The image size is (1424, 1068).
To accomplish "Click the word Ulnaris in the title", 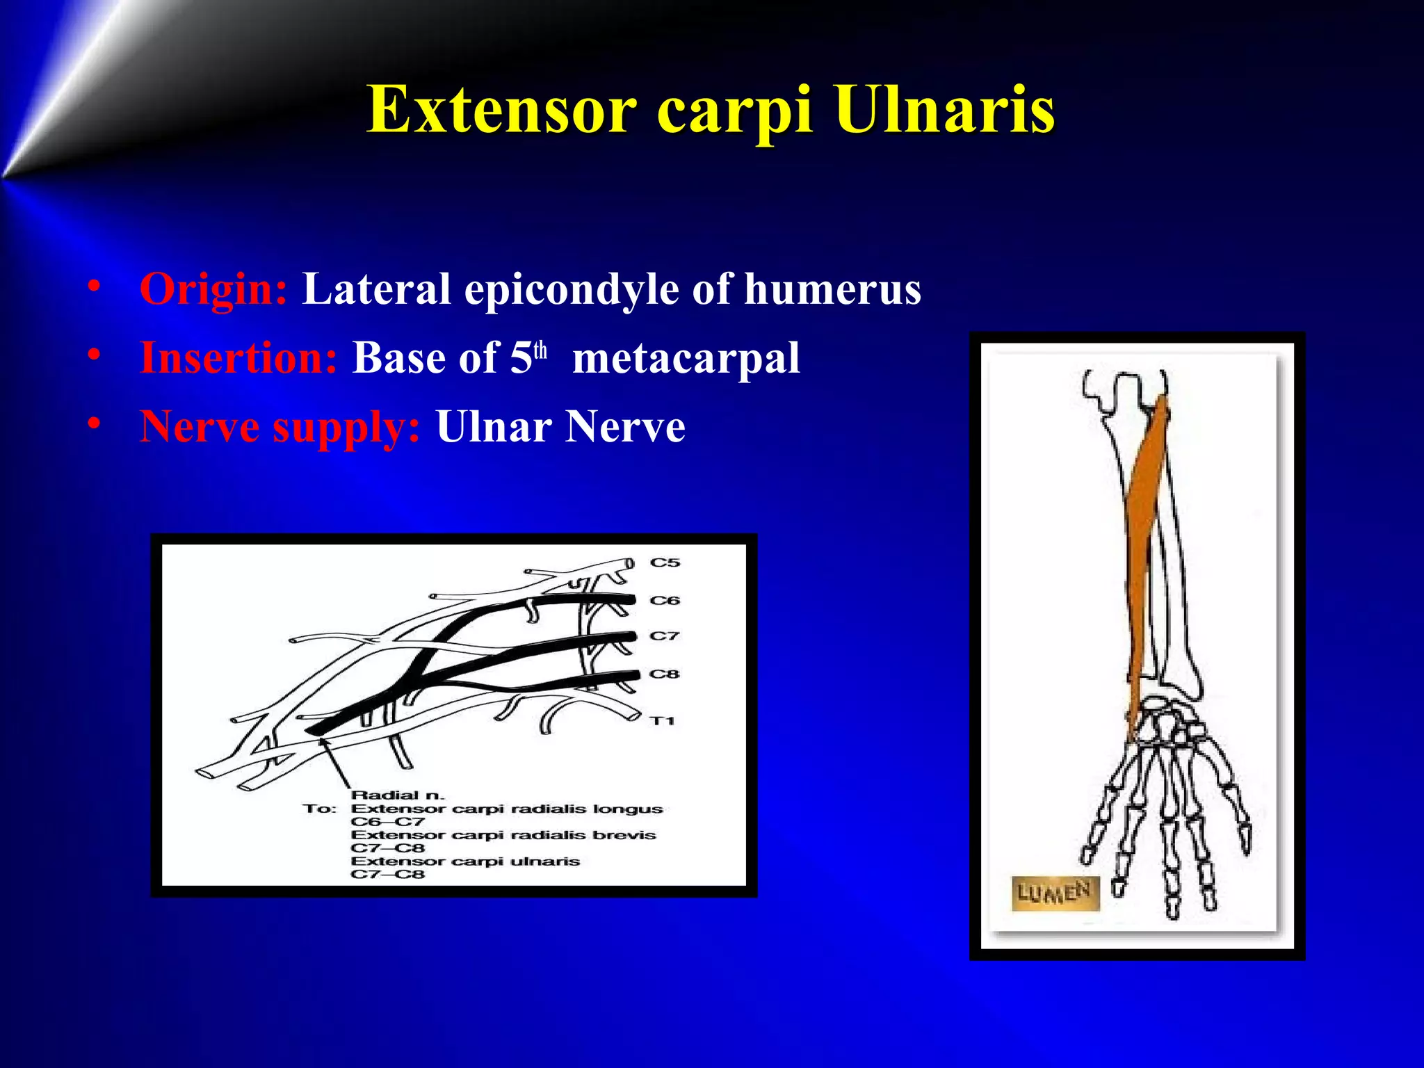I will [x=945, y=110].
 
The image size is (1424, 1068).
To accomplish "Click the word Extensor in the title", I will [x=501, y=110].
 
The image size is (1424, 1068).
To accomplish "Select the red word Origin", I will [x=213, y=289].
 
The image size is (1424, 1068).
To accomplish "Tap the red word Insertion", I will [x=238, y=358].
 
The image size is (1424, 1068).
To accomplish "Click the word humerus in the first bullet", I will [x=832, y=289].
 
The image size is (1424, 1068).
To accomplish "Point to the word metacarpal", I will [x=686, y=358].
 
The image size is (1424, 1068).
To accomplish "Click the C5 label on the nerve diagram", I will [x=665, y=563].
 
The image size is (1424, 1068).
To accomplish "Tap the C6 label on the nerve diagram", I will [x=665, y=600].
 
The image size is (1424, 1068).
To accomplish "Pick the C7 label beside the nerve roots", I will [x=664, y=636].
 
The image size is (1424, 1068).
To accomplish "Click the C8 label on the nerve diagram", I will [x=664, y=674].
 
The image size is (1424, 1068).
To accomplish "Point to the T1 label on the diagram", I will [x=663, y=721].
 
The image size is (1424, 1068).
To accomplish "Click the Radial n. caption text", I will [x=397, y=795].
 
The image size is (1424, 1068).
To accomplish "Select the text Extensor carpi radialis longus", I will [x=506, y=809].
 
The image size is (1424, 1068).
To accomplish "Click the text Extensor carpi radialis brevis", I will [x=503, y=835].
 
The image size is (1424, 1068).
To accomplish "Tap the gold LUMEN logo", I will [x=1054, y=893].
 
